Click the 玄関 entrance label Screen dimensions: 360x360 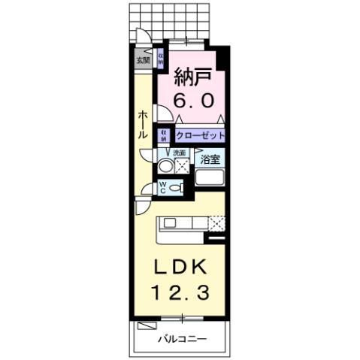[141, 60]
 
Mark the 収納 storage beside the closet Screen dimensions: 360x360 [163, 135]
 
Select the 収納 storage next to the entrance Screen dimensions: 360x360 [160, 59]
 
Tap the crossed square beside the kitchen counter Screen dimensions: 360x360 [216, 222]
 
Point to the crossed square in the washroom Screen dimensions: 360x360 [181, 165]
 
